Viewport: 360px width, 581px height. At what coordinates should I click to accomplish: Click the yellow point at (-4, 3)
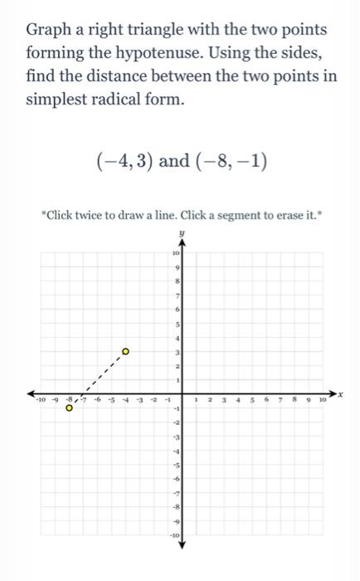point(125,352)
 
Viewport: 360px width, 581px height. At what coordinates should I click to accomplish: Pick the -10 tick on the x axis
point(39,401)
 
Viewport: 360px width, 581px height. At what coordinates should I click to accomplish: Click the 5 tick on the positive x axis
point(251,401)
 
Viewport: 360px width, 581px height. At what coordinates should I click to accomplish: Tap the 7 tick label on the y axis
point(175,295)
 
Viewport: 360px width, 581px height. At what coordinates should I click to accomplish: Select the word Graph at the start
point(50,31)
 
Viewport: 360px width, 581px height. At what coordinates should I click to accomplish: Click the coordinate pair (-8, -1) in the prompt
point(231,160)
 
